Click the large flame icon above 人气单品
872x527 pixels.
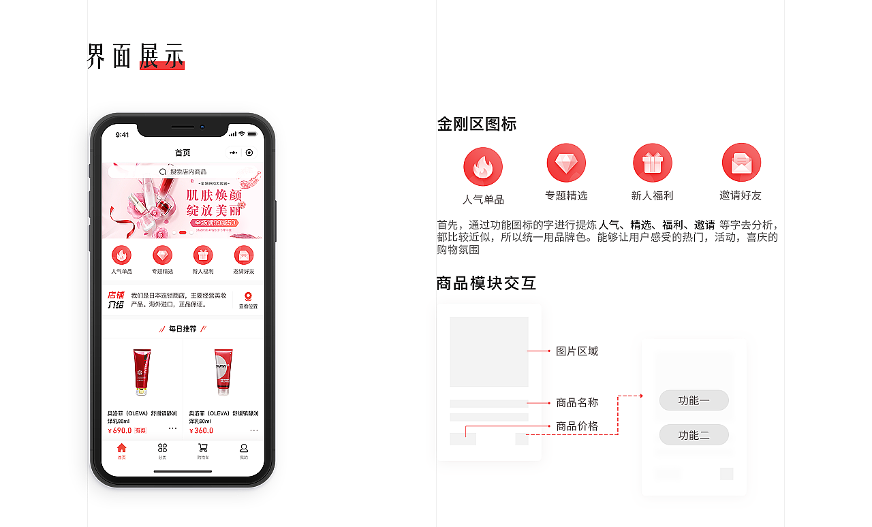point(483,167)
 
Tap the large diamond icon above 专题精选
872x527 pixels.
point(566,163)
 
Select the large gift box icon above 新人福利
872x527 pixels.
point(652,163)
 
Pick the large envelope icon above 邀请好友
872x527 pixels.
point(741,163)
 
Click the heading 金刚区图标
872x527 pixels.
point(477,124)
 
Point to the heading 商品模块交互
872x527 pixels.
point(486,283)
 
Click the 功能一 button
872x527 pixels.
point(694,400)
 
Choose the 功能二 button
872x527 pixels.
point(694,435)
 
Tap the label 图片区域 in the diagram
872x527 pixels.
point(577,351)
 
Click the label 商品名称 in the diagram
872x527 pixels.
point(577,402)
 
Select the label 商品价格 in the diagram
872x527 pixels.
point(577,426)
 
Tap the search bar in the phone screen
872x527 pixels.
point(183,172)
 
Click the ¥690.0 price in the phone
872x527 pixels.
point(120,430)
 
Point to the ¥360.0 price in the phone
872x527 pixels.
point(202,430)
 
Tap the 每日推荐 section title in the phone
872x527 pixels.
point(183,329)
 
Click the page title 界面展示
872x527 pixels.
point(136,57)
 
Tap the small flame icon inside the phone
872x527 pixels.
point(121,255)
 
